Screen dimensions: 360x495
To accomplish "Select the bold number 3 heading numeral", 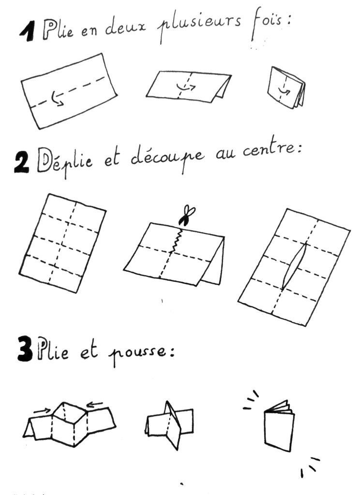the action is tap(25, 349).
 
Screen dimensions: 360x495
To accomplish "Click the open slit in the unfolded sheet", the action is tap(294, 266).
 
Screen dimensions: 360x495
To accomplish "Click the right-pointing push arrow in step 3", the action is tap(42, 410).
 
